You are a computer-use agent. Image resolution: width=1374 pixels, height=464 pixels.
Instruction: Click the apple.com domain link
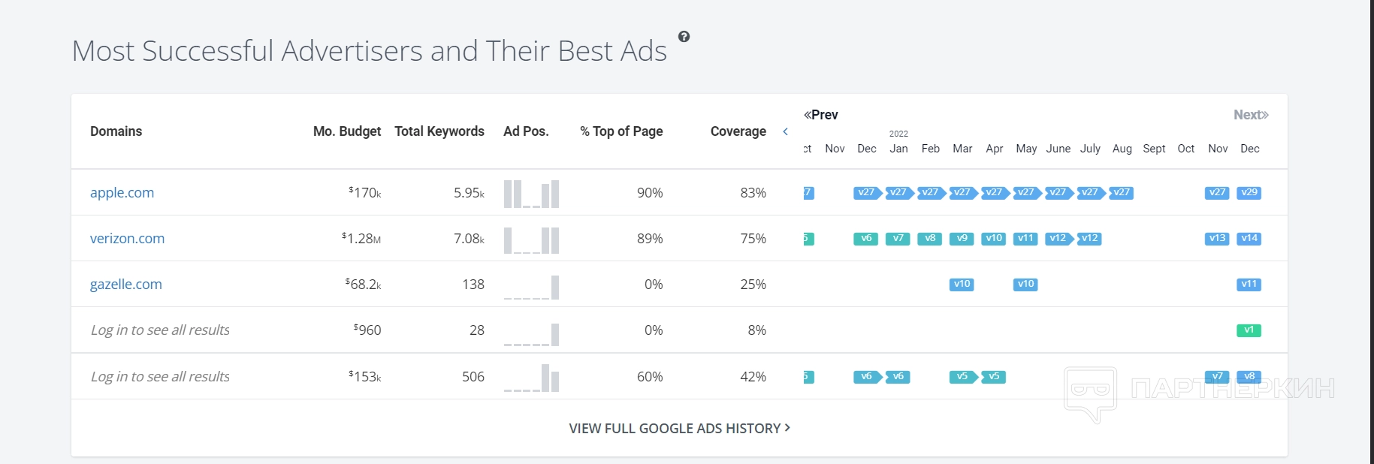tap(122, 193)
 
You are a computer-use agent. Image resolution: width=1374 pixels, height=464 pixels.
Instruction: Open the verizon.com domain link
tap(127, 239)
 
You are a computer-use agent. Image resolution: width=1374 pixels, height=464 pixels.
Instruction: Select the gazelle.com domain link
tap(125, 285)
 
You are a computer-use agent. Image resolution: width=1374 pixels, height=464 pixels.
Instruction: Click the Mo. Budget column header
tap(346, 131)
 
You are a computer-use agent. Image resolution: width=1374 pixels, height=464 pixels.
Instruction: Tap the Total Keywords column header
tap(439, 131)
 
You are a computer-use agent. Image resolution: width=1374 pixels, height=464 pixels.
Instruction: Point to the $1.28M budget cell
tap(361, 239)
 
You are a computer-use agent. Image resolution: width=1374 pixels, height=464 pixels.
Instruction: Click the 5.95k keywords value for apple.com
tap(469, 193)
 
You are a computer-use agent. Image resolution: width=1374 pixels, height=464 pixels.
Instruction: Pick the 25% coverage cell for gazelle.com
tap(753, 285)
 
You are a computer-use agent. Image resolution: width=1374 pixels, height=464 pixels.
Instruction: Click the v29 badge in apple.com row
tap(1249, 193)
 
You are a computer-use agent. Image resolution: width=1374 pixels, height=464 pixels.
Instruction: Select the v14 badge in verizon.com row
tap(1249, 239)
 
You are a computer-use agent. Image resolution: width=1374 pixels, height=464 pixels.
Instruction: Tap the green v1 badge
tap(1249, 330)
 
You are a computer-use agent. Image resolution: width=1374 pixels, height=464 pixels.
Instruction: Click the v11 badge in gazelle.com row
tap(1249, 285)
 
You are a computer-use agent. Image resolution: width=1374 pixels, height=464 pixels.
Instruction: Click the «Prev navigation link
tap(820, 115)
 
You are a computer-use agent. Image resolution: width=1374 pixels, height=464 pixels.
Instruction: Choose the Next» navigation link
tap(1251, 115)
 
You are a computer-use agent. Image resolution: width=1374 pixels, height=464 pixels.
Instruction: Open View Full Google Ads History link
tap(679, 429)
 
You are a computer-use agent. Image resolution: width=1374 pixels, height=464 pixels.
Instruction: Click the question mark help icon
tap(684, 37)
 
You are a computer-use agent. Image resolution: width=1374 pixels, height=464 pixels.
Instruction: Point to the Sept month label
tap(1154, 149)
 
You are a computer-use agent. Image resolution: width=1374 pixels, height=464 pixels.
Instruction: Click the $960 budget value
tap(367, 330)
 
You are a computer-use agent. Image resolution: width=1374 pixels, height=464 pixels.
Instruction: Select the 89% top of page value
tap(650, 239)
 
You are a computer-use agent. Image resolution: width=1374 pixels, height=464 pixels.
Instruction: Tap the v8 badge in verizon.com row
tap(930, 239)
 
